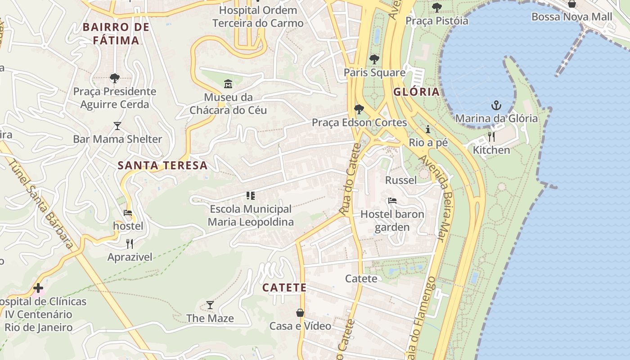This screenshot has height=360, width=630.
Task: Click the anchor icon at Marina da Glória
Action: (496, 106)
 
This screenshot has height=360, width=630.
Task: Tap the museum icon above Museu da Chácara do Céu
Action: (228, 84)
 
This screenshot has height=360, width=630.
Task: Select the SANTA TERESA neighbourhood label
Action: (162, 166)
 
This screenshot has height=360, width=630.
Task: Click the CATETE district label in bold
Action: (284, 288)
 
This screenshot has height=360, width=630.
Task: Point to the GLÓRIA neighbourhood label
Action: (416, 92)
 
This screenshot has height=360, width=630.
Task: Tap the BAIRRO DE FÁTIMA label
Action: (116, 34)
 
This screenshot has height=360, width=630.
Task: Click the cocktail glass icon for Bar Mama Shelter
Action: (117, 126)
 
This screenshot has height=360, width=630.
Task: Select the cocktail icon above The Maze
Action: (210, 305)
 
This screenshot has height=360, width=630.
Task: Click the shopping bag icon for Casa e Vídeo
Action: (300, 313)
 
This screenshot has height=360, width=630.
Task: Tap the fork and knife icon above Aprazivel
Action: (130, 244)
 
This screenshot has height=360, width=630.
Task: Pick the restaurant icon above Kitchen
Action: (491, 136)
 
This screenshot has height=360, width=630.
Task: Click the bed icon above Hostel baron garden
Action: (392, 201)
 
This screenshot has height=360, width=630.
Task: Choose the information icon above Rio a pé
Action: (428, 130)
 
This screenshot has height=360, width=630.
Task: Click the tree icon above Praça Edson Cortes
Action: (359, 109)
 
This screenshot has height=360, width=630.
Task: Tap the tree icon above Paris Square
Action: (374, 59)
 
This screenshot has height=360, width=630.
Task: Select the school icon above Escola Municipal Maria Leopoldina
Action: (251, 196)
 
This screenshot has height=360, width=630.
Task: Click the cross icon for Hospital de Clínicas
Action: (38, 288)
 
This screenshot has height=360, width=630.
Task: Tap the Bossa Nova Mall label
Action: (571, 17)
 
